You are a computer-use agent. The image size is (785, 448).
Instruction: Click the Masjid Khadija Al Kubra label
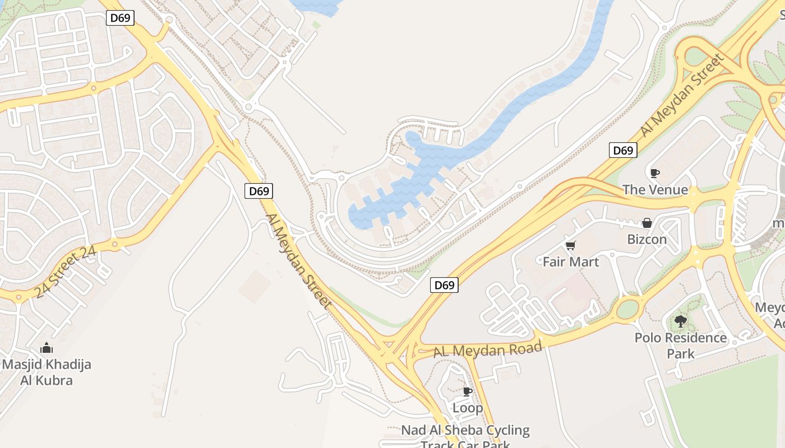pos(46,372)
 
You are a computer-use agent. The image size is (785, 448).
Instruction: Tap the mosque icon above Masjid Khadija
pos(47,348)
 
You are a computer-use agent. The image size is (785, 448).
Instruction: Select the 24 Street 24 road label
pos(65,273)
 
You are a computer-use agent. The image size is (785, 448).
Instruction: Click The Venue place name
pos(655,190)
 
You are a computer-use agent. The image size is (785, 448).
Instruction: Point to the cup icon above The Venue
pos(654,173)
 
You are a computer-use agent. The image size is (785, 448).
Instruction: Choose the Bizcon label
pos(647,239)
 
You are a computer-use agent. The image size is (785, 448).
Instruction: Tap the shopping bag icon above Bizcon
pos(647,223)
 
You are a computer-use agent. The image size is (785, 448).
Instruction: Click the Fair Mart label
pos(571,262)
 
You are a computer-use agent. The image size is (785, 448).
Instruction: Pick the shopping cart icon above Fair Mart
pos(571,245)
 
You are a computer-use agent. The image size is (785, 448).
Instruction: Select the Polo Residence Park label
pos(681,346)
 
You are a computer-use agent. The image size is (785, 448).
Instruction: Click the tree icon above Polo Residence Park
pos(681,321)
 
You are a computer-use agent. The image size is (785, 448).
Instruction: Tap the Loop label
pos(468,408)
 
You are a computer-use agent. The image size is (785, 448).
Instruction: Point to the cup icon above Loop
pos(467,391)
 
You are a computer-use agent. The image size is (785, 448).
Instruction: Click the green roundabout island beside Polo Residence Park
pos(628,309)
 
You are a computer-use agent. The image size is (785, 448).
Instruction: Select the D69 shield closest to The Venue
pos(622,150)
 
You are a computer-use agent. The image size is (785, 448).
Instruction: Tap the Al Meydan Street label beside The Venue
pos(682,95)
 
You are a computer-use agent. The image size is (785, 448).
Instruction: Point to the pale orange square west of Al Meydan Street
pos(255,287)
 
